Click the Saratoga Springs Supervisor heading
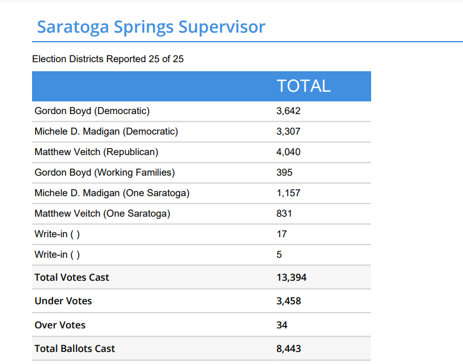pos(151,27)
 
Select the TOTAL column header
pos(303,86)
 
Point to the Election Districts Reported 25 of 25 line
pos(108,59)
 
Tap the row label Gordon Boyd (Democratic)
pos(92,111)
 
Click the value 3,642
pos(288,111)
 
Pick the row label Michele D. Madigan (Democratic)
pos(106,132)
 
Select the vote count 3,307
pos(288,132)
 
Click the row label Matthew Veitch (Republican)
pos(96,152)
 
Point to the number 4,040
pos(288,152)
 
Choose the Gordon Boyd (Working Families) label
pos(105,173)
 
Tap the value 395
pos(284,173)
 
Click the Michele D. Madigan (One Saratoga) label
pos(112,193)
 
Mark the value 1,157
pos(288,193)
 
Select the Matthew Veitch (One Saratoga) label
pos(102,214)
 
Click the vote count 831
pos(284,214)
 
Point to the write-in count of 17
pos(282,234)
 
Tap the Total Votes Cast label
pos(72,278)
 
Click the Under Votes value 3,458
pos(289,301)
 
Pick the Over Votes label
pos(60,325)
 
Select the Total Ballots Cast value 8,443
pos(289,349)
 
